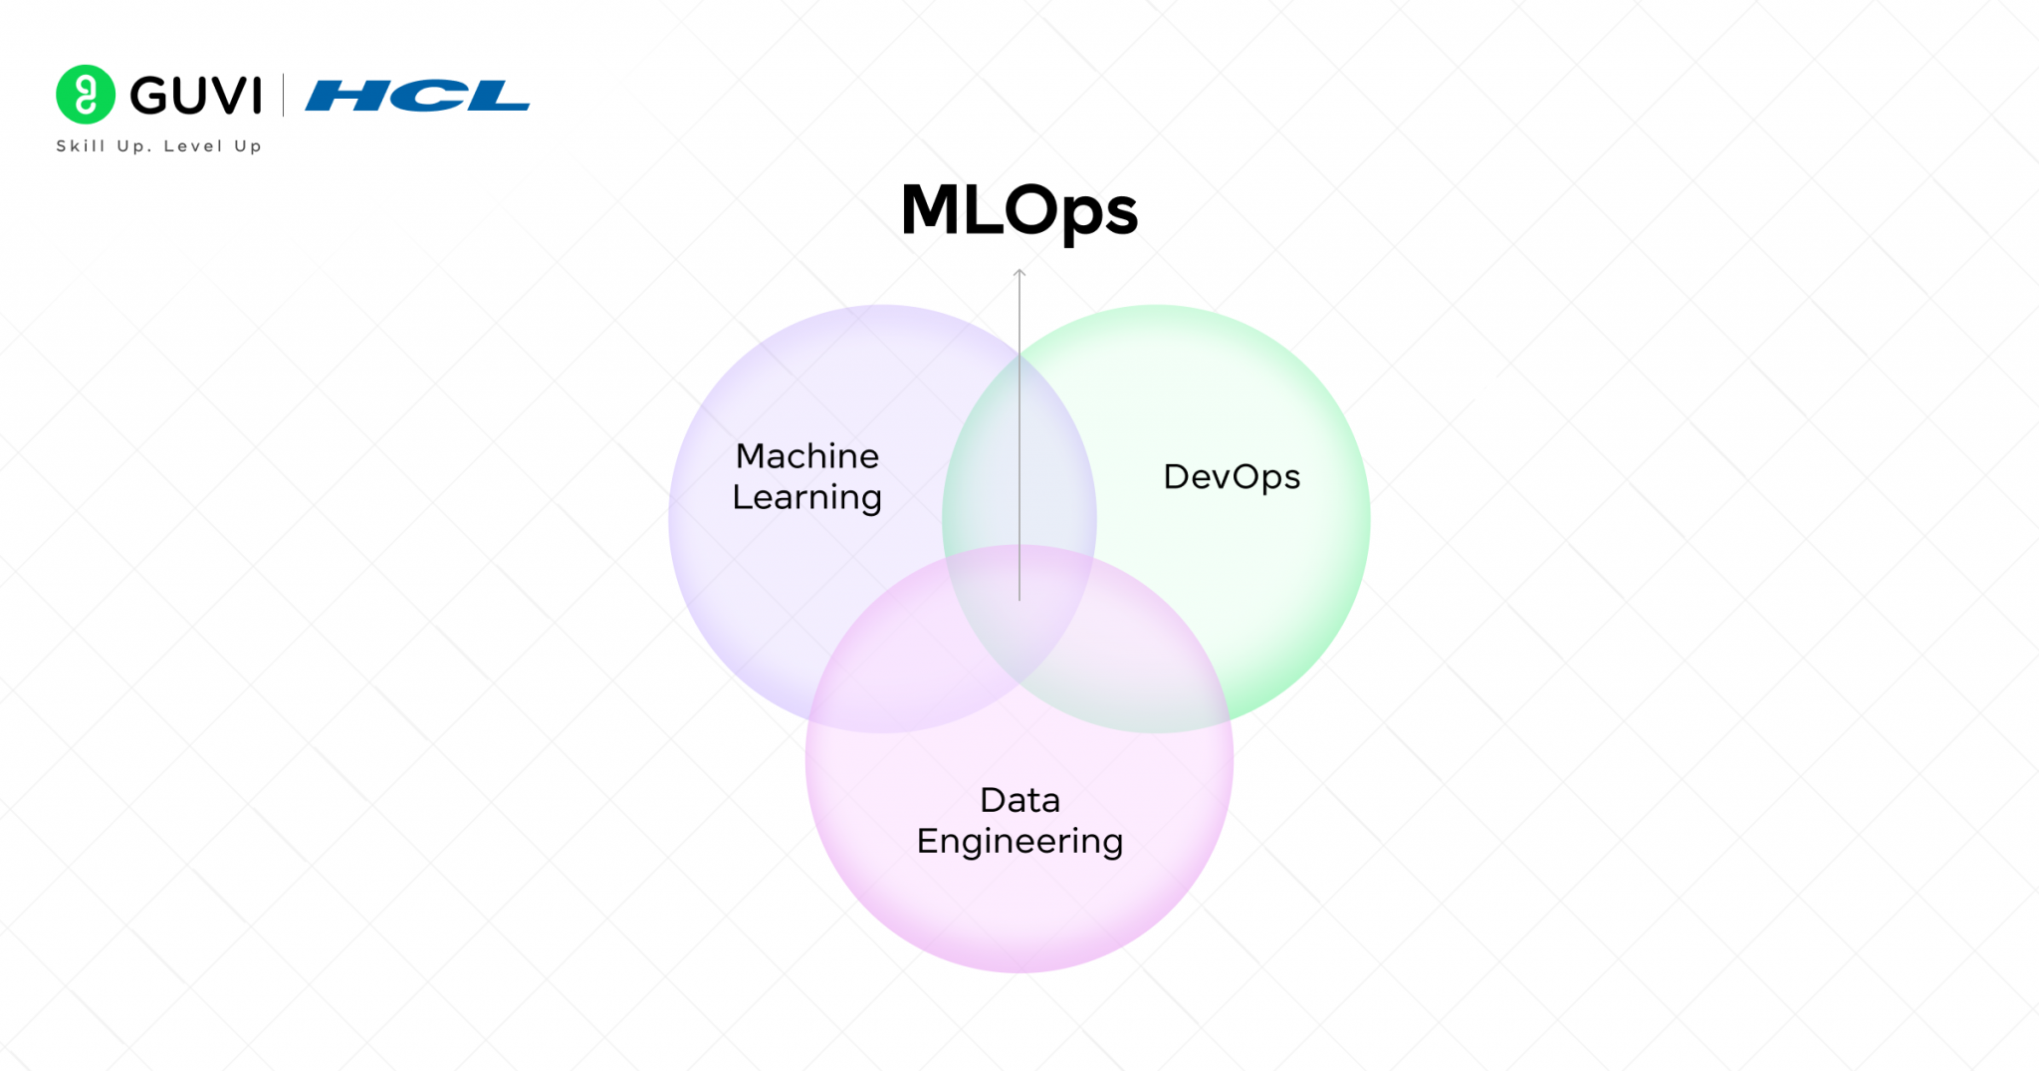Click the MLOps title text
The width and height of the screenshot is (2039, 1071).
coord(1019,210)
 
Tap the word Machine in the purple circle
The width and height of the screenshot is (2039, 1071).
coord(807,456)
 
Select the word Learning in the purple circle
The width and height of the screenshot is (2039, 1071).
coord(807,497)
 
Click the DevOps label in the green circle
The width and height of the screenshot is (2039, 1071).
coord(1232,477)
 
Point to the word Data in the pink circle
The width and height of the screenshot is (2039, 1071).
coord(1019,800)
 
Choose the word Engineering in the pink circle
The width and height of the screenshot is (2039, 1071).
coord(1019,842)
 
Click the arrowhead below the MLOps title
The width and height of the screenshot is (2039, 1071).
coord(1019,272)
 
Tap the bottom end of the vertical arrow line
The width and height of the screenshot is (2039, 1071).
coord(1019,598)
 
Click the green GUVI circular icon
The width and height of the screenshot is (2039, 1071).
coord(86,95)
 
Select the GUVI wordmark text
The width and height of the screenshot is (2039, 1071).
coord(196,96)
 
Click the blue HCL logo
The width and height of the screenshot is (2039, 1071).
coord(417,96)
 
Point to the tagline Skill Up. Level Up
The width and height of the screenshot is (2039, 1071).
coord(159,146)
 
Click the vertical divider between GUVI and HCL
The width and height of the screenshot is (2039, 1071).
coord(284,95)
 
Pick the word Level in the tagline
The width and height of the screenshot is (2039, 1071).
coord(193,146)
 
